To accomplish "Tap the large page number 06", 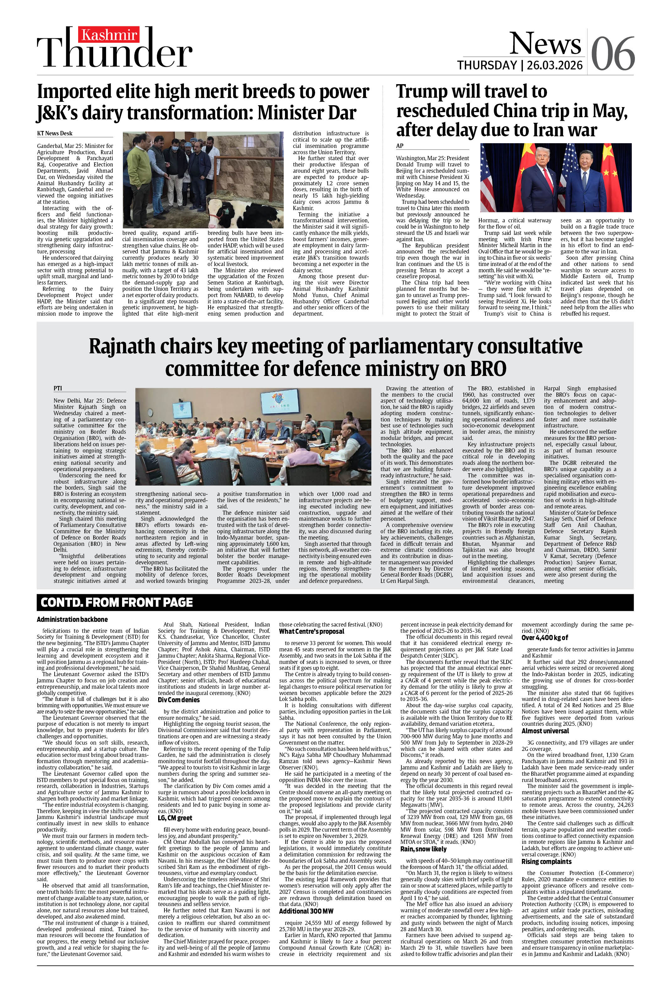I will click(613, 53).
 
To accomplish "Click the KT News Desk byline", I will click(55, 133).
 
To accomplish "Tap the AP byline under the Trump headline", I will click(400, 145).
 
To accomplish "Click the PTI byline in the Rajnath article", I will click(57, 388).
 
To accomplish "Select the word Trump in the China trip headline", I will click(424, 92).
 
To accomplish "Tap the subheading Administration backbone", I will click(72, 619).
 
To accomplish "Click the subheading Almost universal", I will click(545, 731).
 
